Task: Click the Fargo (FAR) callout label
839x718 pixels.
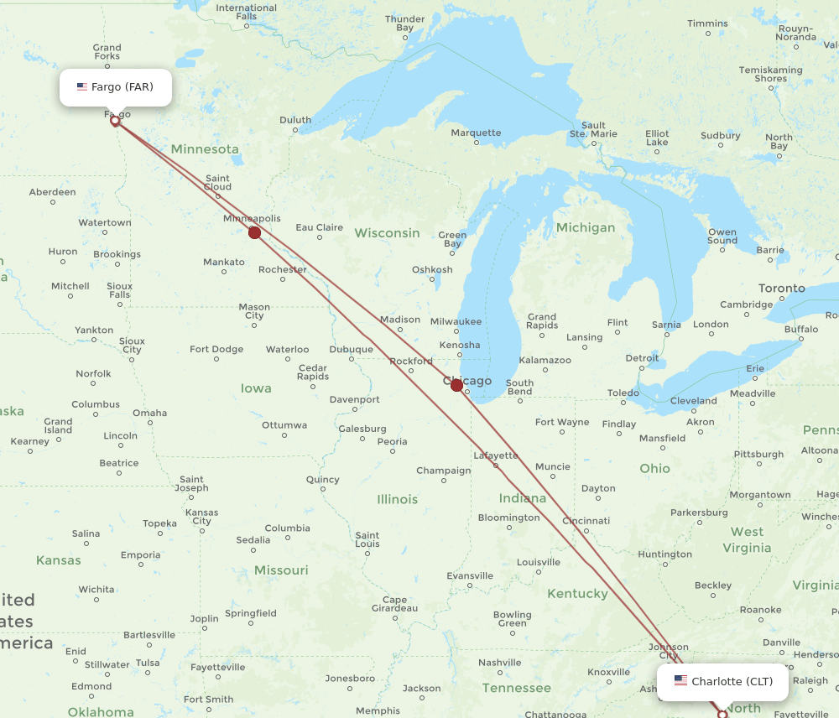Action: (x=116, y=87)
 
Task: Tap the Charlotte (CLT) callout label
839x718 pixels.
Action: (x=722, y=682)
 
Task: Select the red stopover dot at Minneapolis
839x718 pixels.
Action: (x=254, y=232)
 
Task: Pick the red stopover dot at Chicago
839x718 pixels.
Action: (x=456, y=385)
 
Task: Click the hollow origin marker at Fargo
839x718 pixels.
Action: (x=115, y=121)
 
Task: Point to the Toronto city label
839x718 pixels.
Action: (x=781, y=289)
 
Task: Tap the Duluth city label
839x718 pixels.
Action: (x=295, y=121)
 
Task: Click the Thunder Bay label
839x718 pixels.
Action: (x=404, y=23)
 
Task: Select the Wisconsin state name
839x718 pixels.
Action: (x=387, y=232)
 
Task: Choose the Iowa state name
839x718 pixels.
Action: (x=256, y=388)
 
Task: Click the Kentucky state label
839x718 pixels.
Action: (x=577, y=594)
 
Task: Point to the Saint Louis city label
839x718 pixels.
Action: (x=367, y=539)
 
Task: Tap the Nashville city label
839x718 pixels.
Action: (x=500, y=663)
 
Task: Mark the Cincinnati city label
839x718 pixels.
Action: (x=586, y=521)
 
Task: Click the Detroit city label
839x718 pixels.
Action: (x=642, y=358)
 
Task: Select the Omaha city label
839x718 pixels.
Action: (x=149, y=413)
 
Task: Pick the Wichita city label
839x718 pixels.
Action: (x=96, y=590)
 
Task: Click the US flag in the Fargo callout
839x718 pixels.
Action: (x=82, y=87)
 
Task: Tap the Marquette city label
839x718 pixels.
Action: (x=476, y=133)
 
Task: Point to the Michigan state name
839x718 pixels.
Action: (x=585, y=227)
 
